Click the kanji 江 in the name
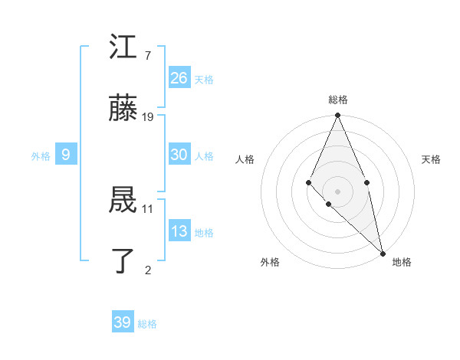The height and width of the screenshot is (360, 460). pyautogui.click(x=123, y=48)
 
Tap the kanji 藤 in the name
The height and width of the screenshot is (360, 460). pyautogui.click(x=123, y=108)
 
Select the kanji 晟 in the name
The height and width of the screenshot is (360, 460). pyautogui.click(x=123, y=200)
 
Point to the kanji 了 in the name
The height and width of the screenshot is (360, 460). pyautogui.click(x=123, y=260)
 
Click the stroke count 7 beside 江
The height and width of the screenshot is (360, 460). pyautogui.click(x=147, y=56)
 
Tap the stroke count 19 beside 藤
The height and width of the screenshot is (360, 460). pyautogui.click(x=148, y=116)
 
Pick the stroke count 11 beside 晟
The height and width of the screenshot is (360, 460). pyautogui.click(x=148, y=208)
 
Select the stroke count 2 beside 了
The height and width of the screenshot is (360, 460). pyautogui.click(x=148, y=269)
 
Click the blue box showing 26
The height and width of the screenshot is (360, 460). pyautogui.click(x=179, y=77)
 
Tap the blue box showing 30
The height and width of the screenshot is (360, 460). pyautogui.click(x=179, y=155)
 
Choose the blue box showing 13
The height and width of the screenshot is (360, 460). pyautogui.click(x=179, y=231)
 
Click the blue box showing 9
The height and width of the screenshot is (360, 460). pyautogui.click(x=66, y=155)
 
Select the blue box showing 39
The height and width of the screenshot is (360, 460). pyautogui.click(x=123, y=322)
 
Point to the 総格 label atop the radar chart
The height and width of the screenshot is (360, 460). pyautogui.click(x=337, y=100)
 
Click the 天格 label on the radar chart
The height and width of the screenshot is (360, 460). pyautogui.click(x=431, y=159)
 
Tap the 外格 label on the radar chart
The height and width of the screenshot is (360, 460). pyautogui.click(x=270, y=262)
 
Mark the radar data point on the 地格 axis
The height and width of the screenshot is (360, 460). pyautogui.click(x=383, y=253)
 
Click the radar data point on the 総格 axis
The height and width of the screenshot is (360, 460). pyautogui.click(x=337, y=116)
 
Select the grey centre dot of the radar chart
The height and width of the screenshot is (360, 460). pyautogui.click(x=337, y=191)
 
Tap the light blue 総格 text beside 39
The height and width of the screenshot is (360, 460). pyautogui.click(x=147, y=324)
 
